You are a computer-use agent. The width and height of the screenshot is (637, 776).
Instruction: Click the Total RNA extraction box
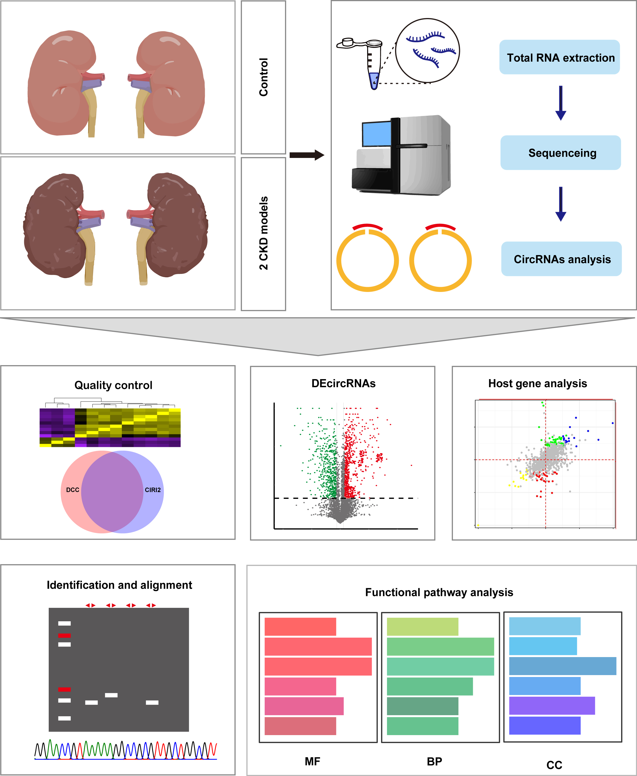559,57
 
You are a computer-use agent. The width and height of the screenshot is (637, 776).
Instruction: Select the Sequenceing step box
560,153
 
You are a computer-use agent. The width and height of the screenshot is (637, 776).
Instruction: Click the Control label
263,77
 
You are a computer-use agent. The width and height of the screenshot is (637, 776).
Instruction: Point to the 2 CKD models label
263,233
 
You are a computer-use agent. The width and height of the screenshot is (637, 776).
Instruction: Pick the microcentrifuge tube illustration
371,62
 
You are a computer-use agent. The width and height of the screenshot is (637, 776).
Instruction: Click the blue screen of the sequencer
376,134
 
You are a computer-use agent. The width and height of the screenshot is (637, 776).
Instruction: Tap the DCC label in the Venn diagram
73,490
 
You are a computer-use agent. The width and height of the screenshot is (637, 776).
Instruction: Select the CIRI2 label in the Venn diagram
153,490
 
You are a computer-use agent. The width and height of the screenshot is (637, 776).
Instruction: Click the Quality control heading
113,385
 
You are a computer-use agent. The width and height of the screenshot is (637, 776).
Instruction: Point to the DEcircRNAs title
343,383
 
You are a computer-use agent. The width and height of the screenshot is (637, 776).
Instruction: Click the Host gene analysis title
537,383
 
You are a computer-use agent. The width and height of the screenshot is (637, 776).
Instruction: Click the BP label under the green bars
434,761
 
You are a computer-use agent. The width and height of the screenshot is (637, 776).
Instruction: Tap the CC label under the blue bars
554,765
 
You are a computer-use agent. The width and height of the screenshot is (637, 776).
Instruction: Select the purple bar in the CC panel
551,706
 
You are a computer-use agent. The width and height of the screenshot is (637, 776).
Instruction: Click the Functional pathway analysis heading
439,592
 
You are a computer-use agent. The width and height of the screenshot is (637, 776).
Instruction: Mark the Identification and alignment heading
119,585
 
